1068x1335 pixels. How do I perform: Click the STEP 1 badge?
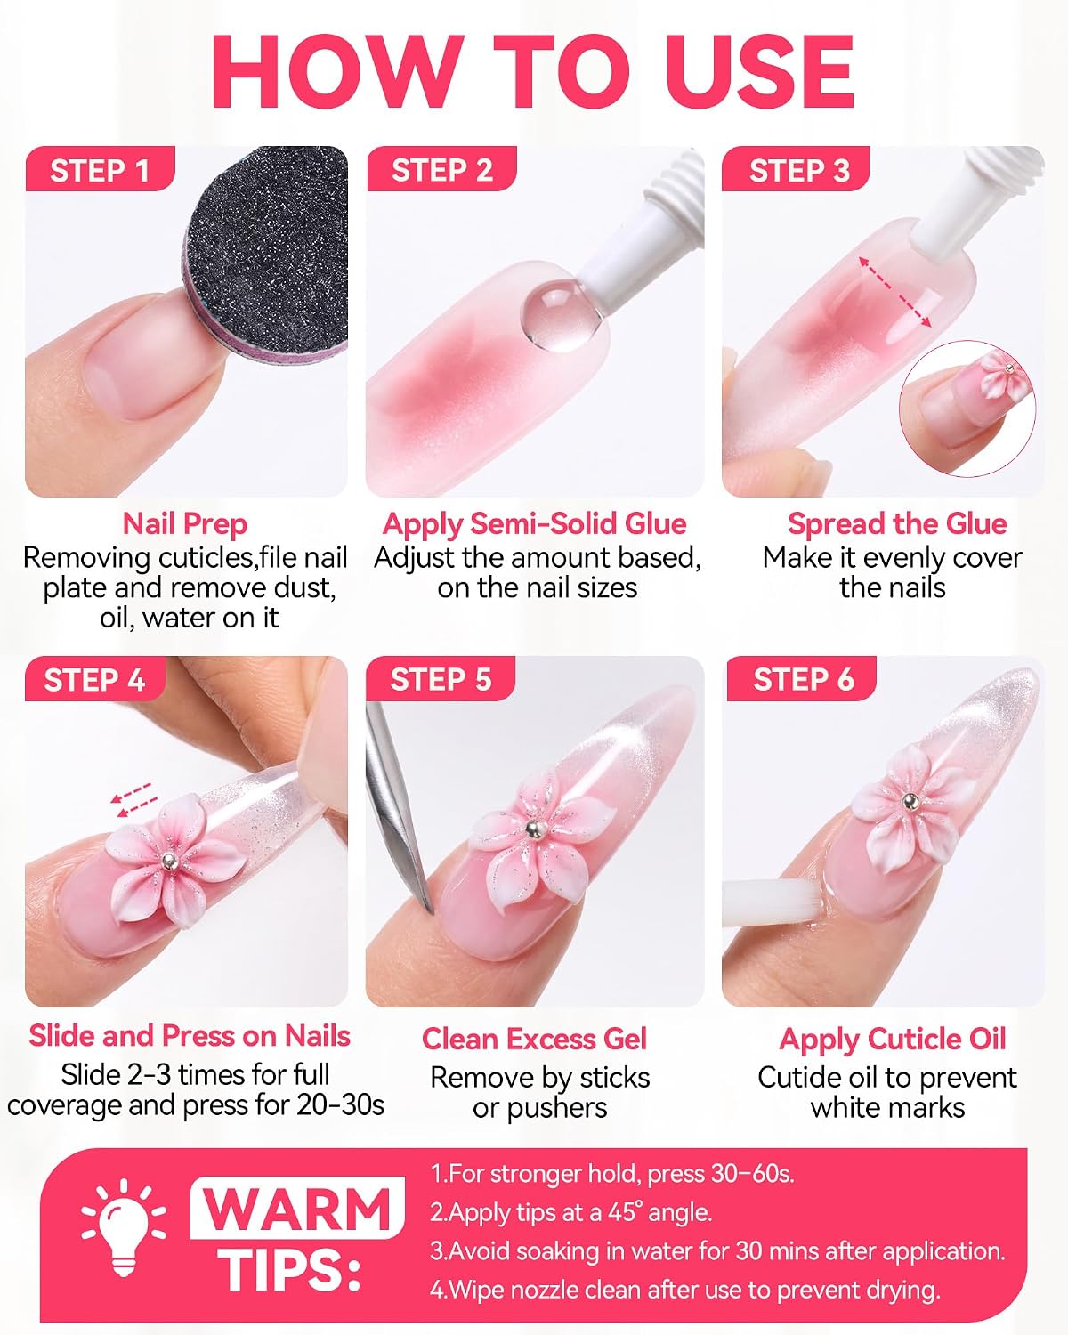pos(100,169)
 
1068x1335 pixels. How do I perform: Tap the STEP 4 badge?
pos(95,679)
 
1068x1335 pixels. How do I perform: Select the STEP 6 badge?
pos(802,679)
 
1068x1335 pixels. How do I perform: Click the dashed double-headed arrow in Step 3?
pos(894,292)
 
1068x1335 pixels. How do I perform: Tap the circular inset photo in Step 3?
pos(967,409)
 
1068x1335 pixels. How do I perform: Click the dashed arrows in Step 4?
pos(133,800)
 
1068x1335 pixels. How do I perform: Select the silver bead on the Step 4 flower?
pos(168,859)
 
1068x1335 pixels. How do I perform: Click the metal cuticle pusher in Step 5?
pos(397,806)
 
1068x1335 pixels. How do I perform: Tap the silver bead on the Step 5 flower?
pos(532,827)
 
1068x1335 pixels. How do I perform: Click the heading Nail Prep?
pos(185,523)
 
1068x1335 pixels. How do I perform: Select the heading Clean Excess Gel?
pos(534,1039)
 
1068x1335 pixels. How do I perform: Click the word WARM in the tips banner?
pos(298,1209)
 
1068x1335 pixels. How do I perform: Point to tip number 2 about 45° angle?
pos(570,1212)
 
